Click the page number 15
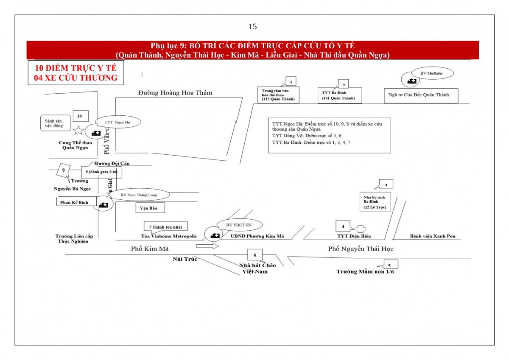coord(252,27)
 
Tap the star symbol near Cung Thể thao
coord(78,130)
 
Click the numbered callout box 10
coord(80,116)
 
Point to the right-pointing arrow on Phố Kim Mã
coord(207,246)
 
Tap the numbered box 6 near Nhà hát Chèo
coord(255,254)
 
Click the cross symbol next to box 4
coord(360,229)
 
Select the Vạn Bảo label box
coord(150,208)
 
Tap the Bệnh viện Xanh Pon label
coord(433,236)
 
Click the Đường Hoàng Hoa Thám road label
coord(175,93)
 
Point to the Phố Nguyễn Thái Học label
coord(361,249)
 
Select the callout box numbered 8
coord(64,170)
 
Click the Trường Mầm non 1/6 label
coord(365,271)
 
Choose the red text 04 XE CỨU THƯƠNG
coord(76,78)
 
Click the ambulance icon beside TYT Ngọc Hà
coord(96,133)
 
